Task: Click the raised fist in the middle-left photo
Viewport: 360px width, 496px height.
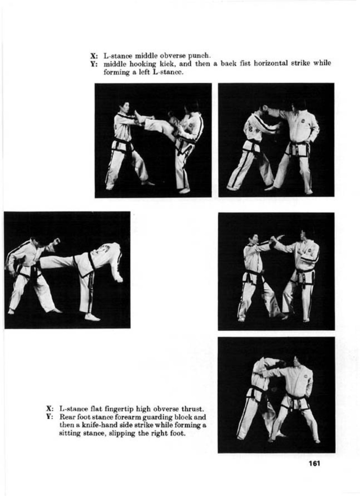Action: click(57, 241)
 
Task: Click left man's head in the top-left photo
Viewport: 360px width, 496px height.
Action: click(124, 109)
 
